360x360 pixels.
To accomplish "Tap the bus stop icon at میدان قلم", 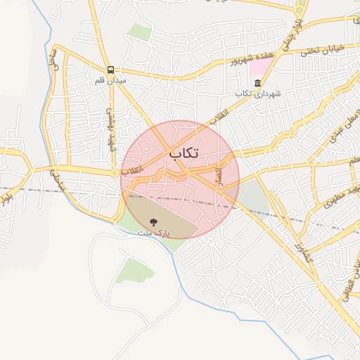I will pos(111,70).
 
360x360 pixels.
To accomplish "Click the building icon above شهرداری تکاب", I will pos(257,84).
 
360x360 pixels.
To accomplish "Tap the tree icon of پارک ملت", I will pos(154,222).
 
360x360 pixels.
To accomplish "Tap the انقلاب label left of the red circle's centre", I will pos(132,169).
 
